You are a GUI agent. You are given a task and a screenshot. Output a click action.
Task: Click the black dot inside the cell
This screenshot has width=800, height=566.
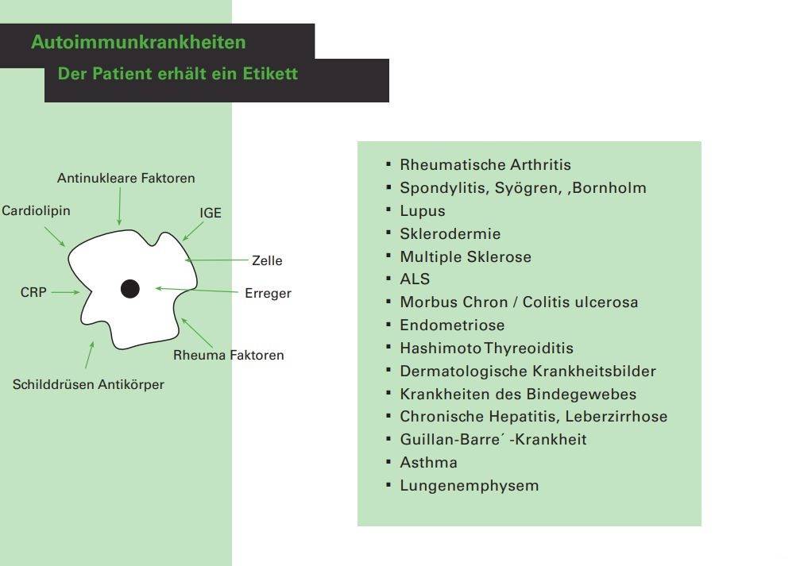click(130, 289)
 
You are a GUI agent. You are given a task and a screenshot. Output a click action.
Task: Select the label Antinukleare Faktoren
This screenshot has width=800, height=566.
click(126, 179)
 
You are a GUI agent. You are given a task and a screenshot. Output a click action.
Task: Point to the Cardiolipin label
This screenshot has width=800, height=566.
click(36, 211)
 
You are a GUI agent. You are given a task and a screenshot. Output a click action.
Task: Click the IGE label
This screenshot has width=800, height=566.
click(211, 214)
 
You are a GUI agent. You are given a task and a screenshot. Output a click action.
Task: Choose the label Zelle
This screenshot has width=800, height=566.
click(267, 260)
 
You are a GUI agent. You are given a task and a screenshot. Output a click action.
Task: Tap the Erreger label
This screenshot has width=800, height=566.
click(268, 294)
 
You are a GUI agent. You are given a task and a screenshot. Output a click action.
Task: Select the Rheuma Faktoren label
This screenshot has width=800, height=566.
click(228, 355)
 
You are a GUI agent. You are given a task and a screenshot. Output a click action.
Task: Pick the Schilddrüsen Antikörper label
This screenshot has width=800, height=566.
click(88, 385)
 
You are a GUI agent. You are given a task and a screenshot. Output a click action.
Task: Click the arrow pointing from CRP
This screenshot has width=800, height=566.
click(65, 292)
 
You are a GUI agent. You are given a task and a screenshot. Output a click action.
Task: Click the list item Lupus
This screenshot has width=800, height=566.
click(423, 211)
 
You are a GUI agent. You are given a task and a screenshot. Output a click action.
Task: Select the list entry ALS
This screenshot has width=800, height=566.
click(415, 279)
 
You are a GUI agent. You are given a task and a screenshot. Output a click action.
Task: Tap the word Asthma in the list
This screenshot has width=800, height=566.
click(428, 462)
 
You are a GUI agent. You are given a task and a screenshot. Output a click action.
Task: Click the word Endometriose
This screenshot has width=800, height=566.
click(452, 325)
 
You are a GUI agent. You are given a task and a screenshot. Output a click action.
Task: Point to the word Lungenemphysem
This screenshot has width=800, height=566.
click(469, 485)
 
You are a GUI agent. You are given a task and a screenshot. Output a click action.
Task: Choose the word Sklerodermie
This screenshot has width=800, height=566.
click(450, 234)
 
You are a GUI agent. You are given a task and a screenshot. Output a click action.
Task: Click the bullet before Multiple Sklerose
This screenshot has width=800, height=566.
click(389, 256)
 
